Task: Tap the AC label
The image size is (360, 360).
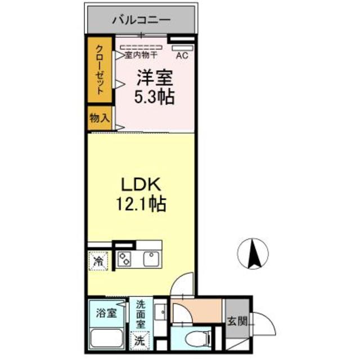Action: pos(182,56)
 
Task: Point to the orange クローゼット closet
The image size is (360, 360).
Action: pos(100,70)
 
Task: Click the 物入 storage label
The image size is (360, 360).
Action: pos(99,119)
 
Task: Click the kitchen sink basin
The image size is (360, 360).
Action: pos(150,259)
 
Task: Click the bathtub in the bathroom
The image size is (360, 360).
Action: pos(107,339)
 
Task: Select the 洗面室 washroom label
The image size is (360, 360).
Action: pos(141,314)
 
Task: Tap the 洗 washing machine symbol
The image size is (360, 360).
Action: pos(139,340)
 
